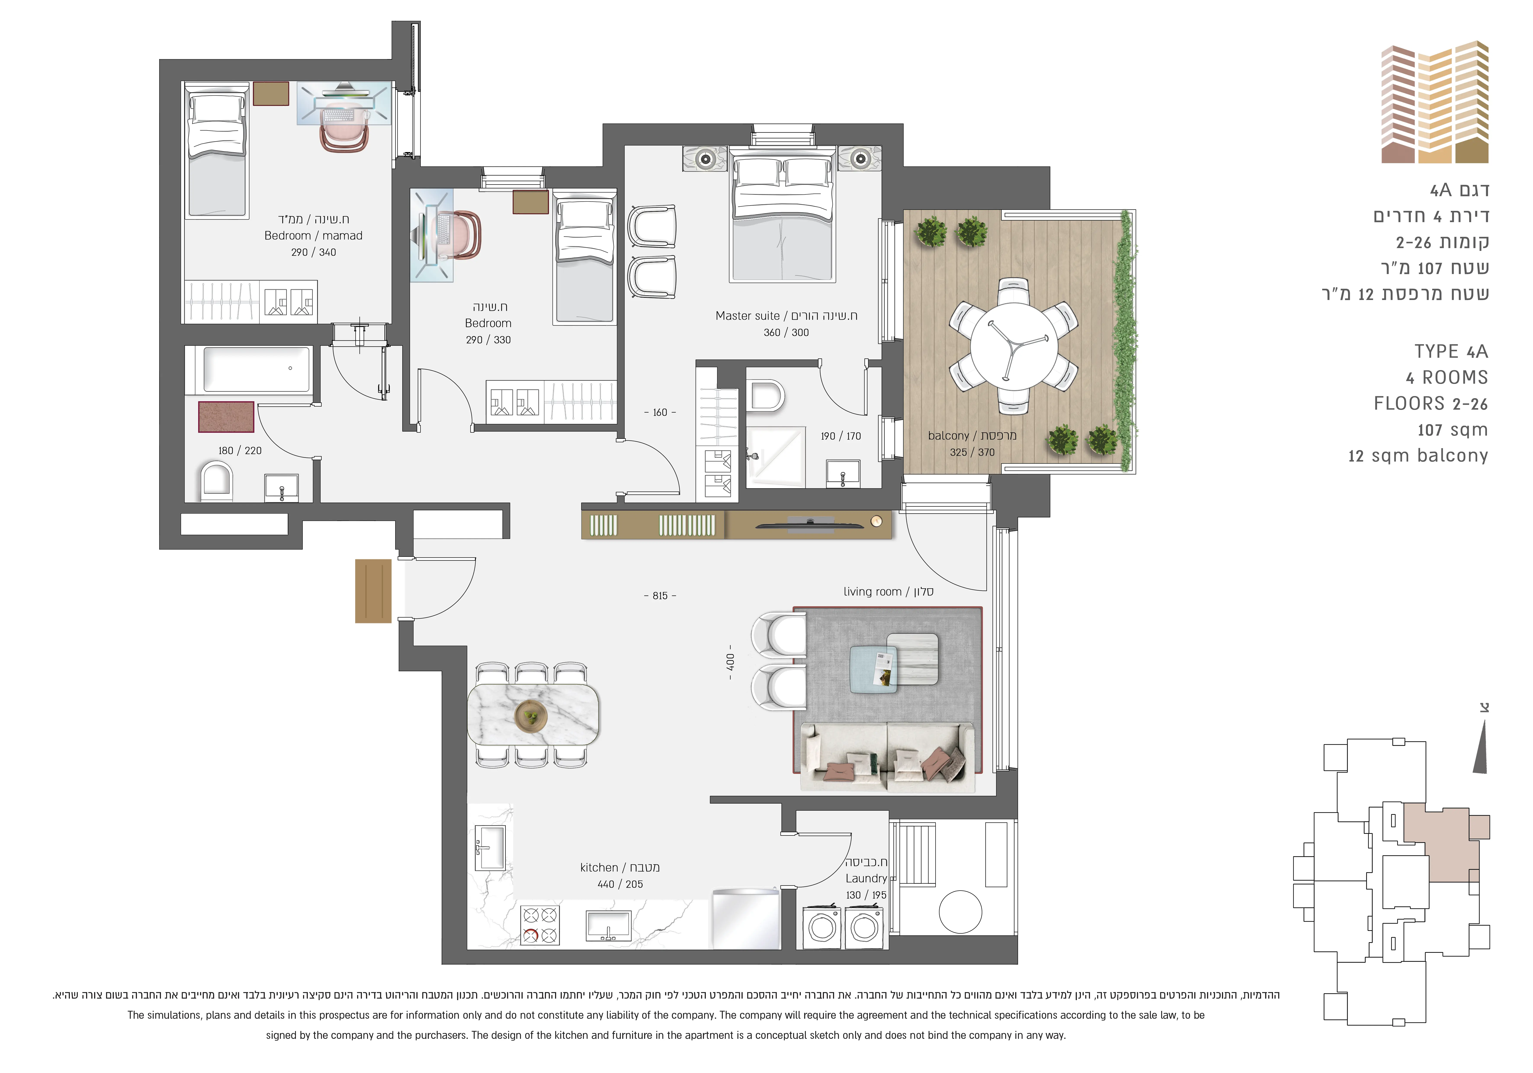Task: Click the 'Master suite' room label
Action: click(747, 316)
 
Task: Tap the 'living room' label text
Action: click(872, 592)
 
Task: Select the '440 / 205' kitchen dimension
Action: click(620, 884)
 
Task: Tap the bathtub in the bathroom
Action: click(257, 369)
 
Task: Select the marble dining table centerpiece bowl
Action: click(531, 716)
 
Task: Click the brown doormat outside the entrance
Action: click(373, 591)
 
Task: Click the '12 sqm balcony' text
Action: click(1418, 456)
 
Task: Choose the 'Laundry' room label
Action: click(866, 879)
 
